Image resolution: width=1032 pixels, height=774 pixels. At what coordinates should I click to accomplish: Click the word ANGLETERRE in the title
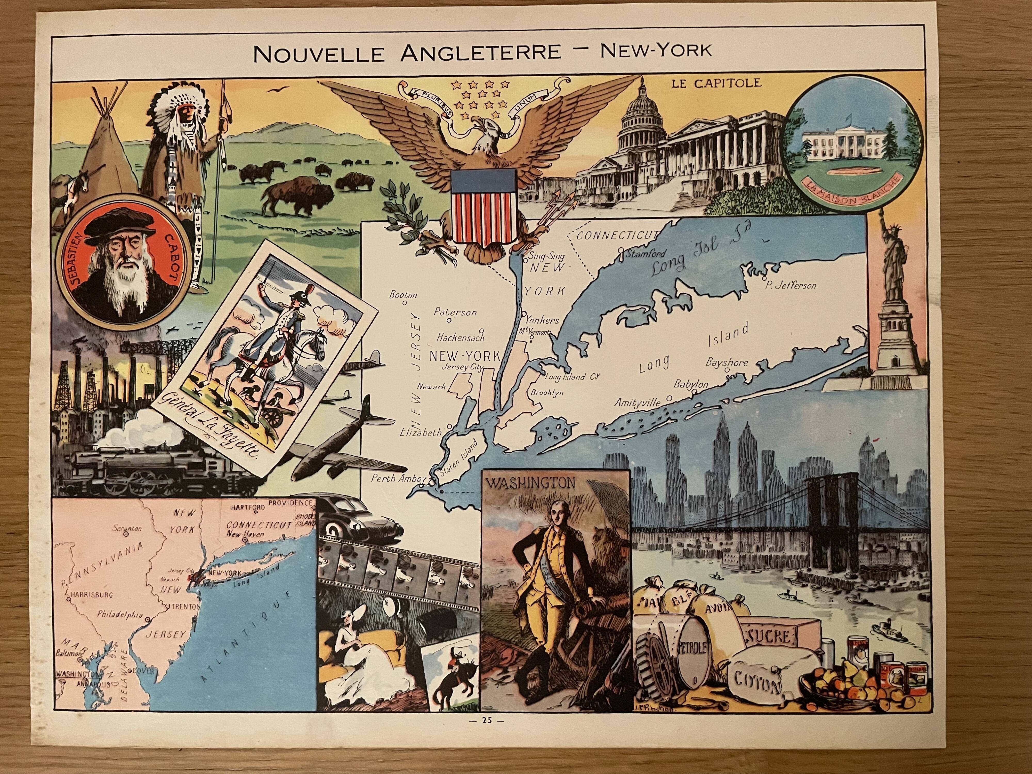tap(481, 52)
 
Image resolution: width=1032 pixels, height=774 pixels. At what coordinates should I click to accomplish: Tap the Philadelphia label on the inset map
tap(119, 615)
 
